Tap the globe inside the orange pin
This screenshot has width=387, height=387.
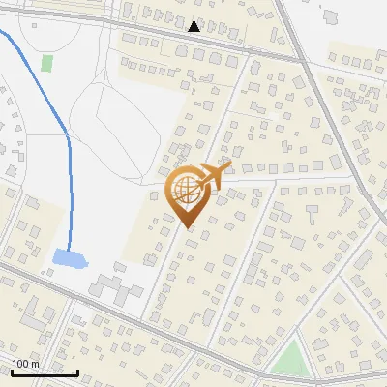[x=186, y=191]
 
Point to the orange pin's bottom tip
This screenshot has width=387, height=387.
[x=187, y=228]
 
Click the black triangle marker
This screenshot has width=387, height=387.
[x=194, y=26]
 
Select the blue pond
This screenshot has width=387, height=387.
[x=69, y=258]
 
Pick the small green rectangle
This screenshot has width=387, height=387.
[x=46, y=63]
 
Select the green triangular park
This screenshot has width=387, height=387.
[x=289, y=360]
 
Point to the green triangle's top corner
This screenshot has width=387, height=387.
[x=293, y=341]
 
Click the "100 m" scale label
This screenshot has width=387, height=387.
[x=25, y=364]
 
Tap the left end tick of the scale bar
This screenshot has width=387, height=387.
[x=12, y=371]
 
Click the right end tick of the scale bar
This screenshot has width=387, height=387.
[x=77, y=371]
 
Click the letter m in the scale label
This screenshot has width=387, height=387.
[x=35, y=364]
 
